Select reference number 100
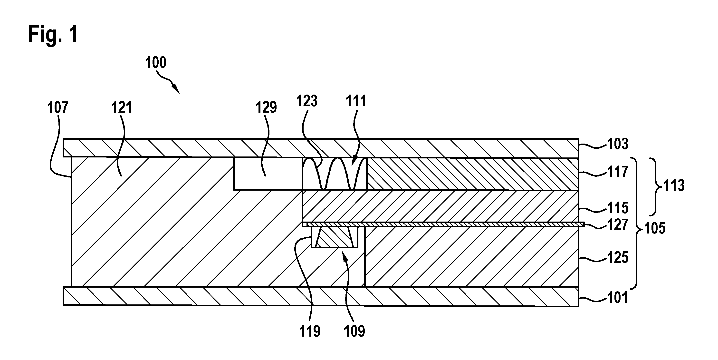155,62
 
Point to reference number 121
122,107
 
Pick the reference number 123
307,101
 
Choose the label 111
356,101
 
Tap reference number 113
674,186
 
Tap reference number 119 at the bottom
310,331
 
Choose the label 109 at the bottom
354,331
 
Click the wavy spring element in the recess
335,174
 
